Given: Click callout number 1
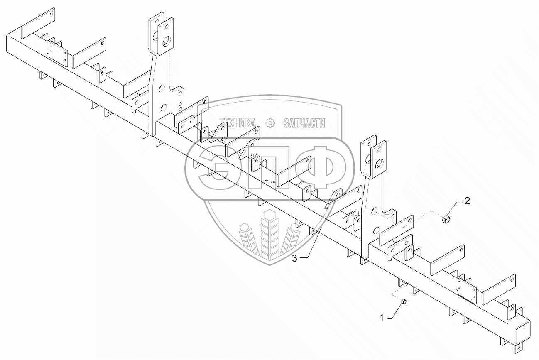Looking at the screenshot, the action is (x=381, y=318).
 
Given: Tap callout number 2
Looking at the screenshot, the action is (x=467, y=201).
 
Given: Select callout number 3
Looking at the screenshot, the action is (x=294, y=258).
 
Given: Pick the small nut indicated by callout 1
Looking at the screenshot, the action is (x=404, y=302).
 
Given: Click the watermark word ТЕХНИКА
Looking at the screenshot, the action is (x=238, y=122).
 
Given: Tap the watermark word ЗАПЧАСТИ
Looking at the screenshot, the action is (x=304, y=122).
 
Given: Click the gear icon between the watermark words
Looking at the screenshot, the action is (x=270, y=122).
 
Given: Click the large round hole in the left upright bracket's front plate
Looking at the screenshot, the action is (x=167, y=41).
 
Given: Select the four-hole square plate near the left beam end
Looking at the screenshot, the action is (x=59, y=53).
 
